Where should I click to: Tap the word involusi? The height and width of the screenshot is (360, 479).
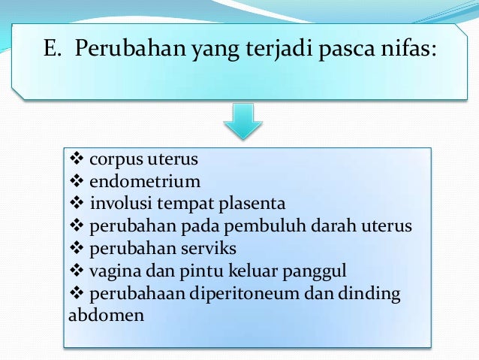coord(119,203)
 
